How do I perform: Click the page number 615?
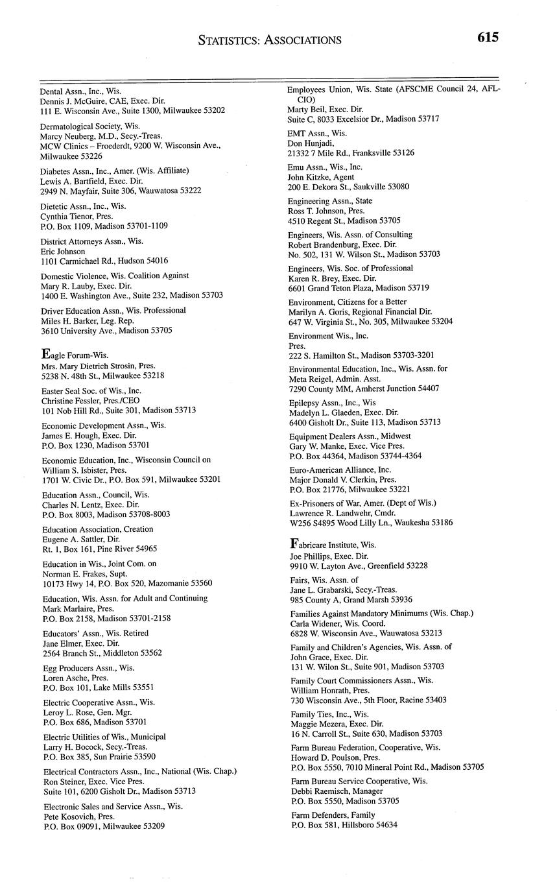pyautogui.click(x=488, y=38)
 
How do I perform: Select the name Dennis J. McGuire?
pyautogui.click(x=73, y=101)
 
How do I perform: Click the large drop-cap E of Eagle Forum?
pyautogui.click(x=45, y=354)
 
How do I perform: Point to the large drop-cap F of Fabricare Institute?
pyautogui.click(x=294, y=543)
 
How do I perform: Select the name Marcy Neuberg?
pyautogui.click(x=69, y=136)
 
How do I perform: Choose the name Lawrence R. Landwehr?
pyautogui.click(x=329, y=512)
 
